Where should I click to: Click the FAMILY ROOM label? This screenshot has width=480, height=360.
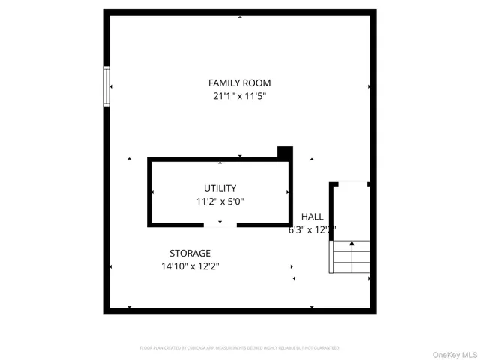(x=239, y=82)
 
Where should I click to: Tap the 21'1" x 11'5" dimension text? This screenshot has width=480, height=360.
(x=239, y=96)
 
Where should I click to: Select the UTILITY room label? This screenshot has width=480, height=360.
(x=220, y=188)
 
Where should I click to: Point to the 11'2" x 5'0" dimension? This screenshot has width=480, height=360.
(x=220, y=201)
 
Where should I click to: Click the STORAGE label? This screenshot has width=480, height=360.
(x=190, y=253)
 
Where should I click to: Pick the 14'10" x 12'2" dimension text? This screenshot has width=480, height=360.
(x=190, y=265)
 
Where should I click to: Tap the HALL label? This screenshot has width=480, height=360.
(x=313, y=217)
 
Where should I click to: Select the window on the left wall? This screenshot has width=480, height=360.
(x=106, y=86)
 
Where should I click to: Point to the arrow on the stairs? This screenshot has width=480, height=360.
(x=352, y=244)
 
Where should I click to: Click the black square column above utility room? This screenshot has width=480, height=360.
(x=284, y=152)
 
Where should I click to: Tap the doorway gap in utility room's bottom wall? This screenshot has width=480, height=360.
(x=220, y=225)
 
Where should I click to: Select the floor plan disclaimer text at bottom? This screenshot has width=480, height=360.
(x=239, y=348)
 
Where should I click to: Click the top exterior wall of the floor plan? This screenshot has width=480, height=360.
(x=239, y=13)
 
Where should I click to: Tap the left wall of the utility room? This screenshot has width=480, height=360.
(x=149, y=192)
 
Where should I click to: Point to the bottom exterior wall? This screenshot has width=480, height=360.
(x=239, y=310)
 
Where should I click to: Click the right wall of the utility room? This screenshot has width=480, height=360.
(x=290, y=192)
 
